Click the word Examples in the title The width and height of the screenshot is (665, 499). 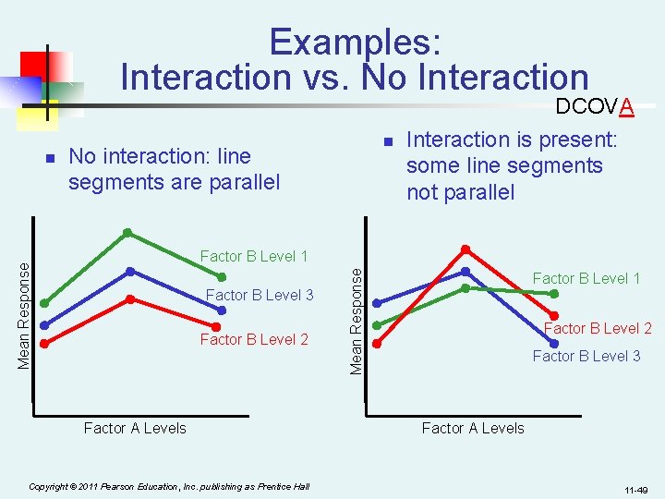[x=355, y=42]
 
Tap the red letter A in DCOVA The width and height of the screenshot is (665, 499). [x=626, y=107]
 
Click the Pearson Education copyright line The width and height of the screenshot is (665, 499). [x=169, y=486]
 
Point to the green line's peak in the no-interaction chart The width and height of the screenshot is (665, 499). [x=127, y=232]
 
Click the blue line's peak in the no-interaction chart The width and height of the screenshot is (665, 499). [x=131, y=271]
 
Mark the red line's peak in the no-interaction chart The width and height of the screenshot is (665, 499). [x=131, y=298]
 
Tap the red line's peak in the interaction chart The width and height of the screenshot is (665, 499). [x=465, y=249]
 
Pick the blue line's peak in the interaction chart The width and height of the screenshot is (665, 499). [x=465, y=271]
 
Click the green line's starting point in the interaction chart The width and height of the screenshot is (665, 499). [x=377, y=324]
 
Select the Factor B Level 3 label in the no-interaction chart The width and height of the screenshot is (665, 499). [x=260, y=295]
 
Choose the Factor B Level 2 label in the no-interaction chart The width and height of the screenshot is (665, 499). [x=254, y=339]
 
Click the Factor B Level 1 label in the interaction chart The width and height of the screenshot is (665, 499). [x=586, y=278]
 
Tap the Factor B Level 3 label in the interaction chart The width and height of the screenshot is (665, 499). [x=586, y=356]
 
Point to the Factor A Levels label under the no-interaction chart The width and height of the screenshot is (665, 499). [x=135, y=428]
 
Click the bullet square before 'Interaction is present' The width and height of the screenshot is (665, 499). [x=389, y=141]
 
